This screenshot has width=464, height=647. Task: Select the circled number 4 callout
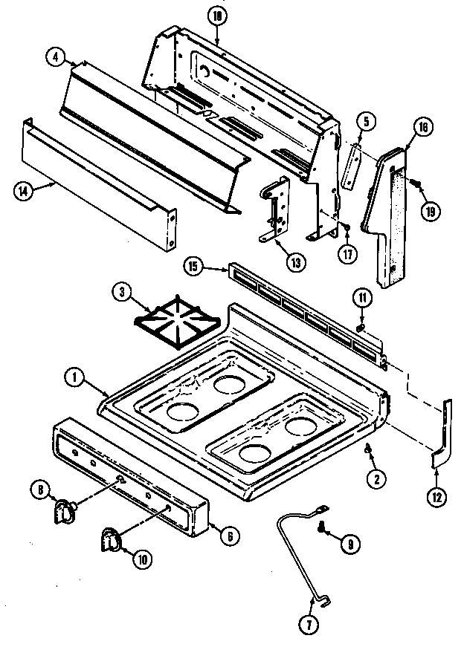point(55,55)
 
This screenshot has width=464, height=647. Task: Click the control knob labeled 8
point(65,510)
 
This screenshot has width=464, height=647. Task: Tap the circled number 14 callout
point(24,189)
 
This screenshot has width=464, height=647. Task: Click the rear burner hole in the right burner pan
point(300,426)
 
